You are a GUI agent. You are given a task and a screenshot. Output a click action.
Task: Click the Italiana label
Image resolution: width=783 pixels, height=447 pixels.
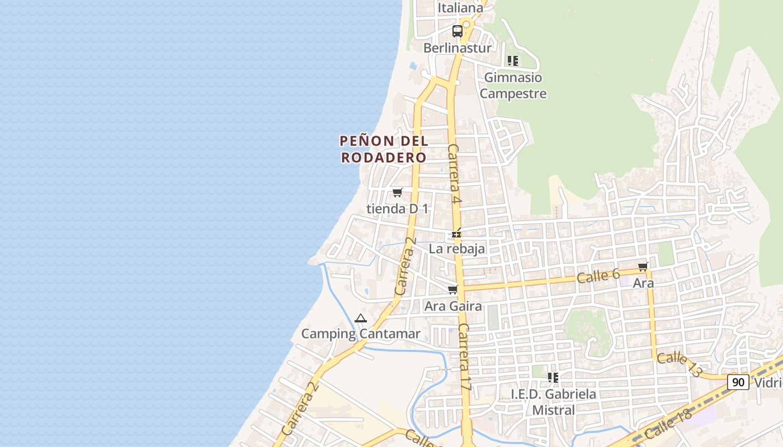[x=460, y=8]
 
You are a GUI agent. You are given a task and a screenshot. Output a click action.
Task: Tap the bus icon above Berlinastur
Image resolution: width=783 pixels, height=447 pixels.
[x=457, y=31]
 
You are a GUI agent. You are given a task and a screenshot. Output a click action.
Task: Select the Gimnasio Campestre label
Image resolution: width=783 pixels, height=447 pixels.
[x=513, y=85]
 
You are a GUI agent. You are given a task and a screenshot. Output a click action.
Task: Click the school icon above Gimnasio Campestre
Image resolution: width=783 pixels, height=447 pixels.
[x=513, y=61]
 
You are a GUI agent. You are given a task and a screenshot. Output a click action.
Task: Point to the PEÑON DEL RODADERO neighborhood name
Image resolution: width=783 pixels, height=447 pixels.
[x=384, y=149]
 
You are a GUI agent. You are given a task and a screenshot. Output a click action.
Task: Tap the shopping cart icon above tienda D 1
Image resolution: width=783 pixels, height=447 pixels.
[x=397, y=193]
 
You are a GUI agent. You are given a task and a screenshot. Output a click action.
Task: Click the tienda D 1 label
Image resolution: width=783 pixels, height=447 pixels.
[x=397, y=209]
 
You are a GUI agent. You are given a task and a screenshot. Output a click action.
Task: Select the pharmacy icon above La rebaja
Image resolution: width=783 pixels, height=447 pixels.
[x=457, y=234]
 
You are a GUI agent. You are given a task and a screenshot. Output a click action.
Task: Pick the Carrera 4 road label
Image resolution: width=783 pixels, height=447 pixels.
[x=455, y=173]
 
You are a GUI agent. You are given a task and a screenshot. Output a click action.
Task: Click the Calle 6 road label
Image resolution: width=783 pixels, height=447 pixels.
[x=598, y=275]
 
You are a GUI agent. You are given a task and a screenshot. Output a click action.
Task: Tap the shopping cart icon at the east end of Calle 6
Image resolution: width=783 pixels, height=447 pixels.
[x=643, y=267]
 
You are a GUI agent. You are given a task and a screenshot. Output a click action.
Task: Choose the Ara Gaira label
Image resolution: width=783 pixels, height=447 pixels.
[x=453, y=306]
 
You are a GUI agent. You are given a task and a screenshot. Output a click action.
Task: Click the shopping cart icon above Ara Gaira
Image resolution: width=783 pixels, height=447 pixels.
[x=453, y=290]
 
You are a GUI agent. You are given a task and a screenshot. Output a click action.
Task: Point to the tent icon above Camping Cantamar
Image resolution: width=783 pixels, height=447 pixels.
[x=361, y=318]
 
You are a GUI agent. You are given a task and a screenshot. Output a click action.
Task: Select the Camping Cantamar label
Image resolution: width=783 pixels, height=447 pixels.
[x=361, y=334]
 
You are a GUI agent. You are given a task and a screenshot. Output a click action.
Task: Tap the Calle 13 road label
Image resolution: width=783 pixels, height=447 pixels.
[x=679, y=364]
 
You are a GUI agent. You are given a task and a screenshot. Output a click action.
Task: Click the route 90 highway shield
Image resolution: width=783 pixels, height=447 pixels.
[x=738, y=382]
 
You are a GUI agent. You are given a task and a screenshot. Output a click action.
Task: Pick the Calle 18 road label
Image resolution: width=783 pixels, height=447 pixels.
[x=668, y=423]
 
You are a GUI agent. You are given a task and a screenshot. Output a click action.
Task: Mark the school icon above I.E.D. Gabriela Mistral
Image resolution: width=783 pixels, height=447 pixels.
[x=553, y=378]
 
